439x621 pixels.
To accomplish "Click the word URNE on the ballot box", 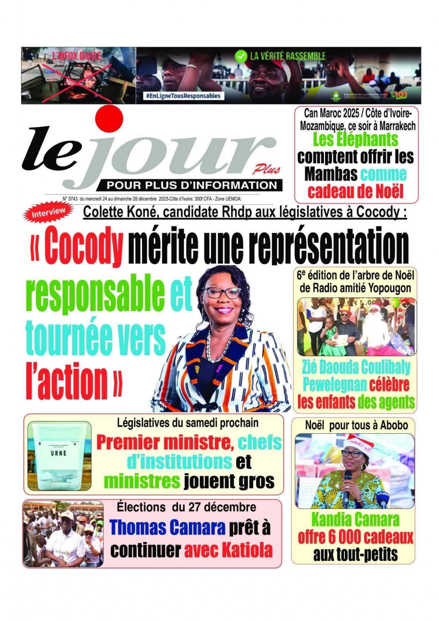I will tap(58, 453).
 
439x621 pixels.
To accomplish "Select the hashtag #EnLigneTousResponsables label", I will tap(183, 96).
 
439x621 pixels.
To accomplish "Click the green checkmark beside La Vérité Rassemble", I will tap(241, 56).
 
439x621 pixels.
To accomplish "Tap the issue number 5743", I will tap(72, 199).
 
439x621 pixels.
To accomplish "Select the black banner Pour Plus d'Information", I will tap(192, 185).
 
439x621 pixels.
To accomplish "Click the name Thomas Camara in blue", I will tap(167, 528).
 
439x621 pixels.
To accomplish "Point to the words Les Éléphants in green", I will tap(355, 139).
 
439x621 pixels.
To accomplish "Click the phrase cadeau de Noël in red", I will tap(355, 192).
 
